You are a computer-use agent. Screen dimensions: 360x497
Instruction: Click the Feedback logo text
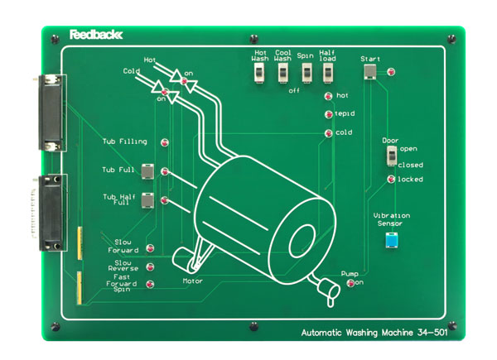point(96,35)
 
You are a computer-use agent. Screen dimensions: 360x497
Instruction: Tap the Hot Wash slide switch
point(258,74)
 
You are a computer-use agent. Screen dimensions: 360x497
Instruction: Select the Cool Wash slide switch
point(282,74)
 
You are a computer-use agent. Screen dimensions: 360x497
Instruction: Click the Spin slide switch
point(305,74)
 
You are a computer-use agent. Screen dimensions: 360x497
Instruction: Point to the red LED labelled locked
point(391,179)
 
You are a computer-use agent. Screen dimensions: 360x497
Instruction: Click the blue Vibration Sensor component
point(391,240)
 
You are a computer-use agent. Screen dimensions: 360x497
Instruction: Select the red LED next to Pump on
point(350,284)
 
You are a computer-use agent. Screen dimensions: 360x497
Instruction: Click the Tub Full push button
point(147,171)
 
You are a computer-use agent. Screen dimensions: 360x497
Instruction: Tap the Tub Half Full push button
point(147,200)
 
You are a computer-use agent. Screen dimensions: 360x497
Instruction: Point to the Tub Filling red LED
point(164,142)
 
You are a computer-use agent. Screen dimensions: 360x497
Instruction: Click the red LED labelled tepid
point(328,114)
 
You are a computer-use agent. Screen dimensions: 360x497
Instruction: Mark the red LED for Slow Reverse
point(150,267)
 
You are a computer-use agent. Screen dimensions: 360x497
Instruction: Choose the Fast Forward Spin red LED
point(150,284)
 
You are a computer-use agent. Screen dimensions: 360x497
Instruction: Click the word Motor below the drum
point(192,281)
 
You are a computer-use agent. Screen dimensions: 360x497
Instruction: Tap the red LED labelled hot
point(328,96)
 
